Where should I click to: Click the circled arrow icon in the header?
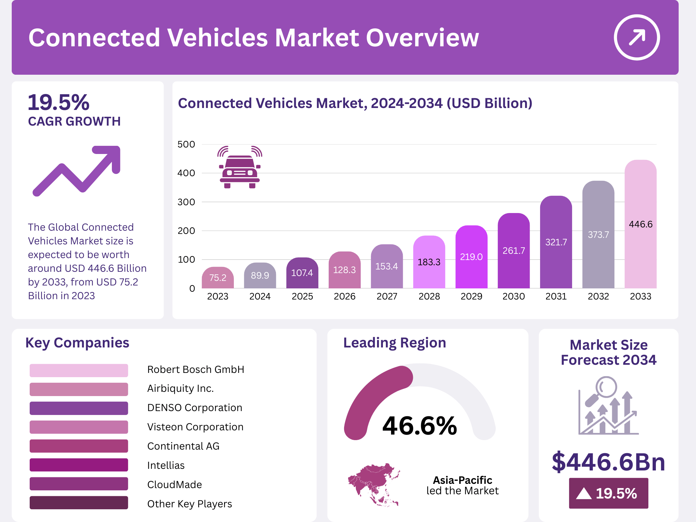(x=637, y=37)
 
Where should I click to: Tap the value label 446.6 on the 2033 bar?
(x=641, y=224)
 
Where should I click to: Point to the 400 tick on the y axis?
(x=186, y=173)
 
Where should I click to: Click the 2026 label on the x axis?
(x=344, y=296)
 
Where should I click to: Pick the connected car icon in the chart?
(x=240, y=167)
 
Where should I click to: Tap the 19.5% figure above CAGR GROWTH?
(x=59, y=102)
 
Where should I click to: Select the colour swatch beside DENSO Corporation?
(x=79, y=408)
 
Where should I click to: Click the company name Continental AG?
(x=183, y=446)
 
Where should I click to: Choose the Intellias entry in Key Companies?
(x=166, y=465)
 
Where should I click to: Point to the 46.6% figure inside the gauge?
(x=420, y=426)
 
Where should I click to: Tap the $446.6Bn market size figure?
(x=608, y=462)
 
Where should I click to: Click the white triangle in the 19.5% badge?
(x=583, y=493)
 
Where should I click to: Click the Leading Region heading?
(x=395, y=343)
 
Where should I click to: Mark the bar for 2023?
(x=218, y=278)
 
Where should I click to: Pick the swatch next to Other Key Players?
(x=79, y=503)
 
